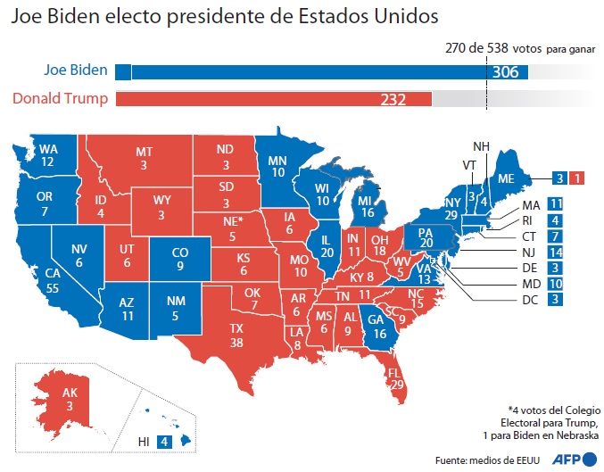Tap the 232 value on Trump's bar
pyautogui.click(x=393, y=99)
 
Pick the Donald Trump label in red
pyautogui.click(x=61, y=98)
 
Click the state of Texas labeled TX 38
pyautogui.click(x=237, y=335)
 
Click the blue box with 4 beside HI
pyautogui.click(x=163, y=441)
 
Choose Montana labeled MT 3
pyautogui.click(x=144, y=159)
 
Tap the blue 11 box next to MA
pyautogui.click(x=555, y=203)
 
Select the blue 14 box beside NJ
pyautogui.click(x=555, y=252)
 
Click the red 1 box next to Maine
pyautogui.click(x=575, y=177)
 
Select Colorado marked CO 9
pyautogui.click(x=180, y=259)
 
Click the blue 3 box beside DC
pyautogui.click(x=555, y=299)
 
